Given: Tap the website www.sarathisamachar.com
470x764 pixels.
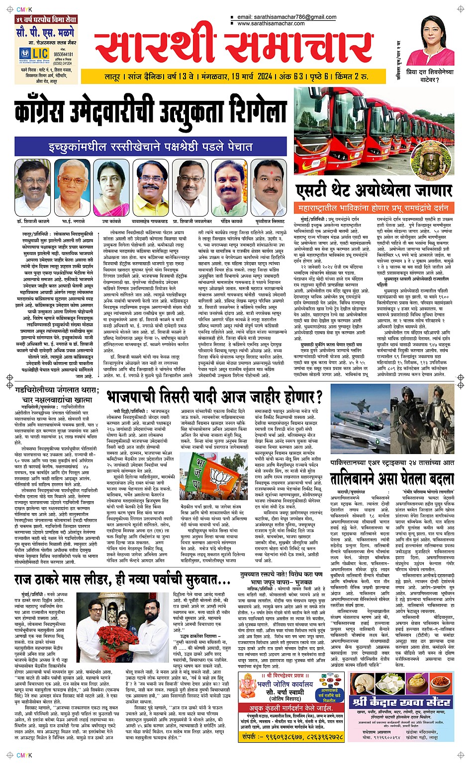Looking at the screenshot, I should coord(271,23).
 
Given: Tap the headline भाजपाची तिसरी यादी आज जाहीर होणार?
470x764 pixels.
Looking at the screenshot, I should coord(215,396).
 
